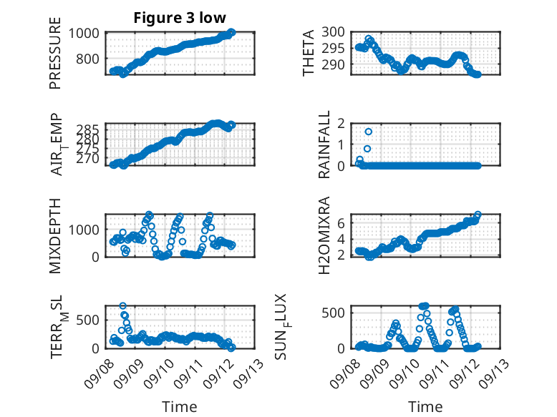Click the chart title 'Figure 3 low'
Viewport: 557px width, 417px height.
[180, 18]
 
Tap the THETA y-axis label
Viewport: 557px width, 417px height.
[309, 53]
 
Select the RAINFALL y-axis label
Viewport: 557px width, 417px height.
[324, 144]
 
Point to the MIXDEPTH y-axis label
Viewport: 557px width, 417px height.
[56, 235]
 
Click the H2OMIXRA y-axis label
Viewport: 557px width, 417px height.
[324, 235]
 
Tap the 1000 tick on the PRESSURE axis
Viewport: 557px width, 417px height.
[87, 33]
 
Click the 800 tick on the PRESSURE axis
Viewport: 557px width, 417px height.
[91, 58]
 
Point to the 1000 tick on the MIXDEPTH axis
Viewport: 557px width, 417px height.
[87, 230]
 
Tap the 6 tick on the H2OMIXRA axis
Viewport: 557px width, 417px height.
[342, 223]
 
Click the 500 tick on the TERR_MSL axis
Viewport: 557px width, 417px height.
[91, 319]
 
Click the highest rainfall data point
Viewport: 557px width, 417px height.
[368, 132]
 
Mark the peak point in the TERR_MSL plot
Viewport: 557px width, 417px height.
[123, 305]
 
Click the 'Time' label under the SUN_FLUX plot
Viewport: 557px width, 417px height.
[425, 406]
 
